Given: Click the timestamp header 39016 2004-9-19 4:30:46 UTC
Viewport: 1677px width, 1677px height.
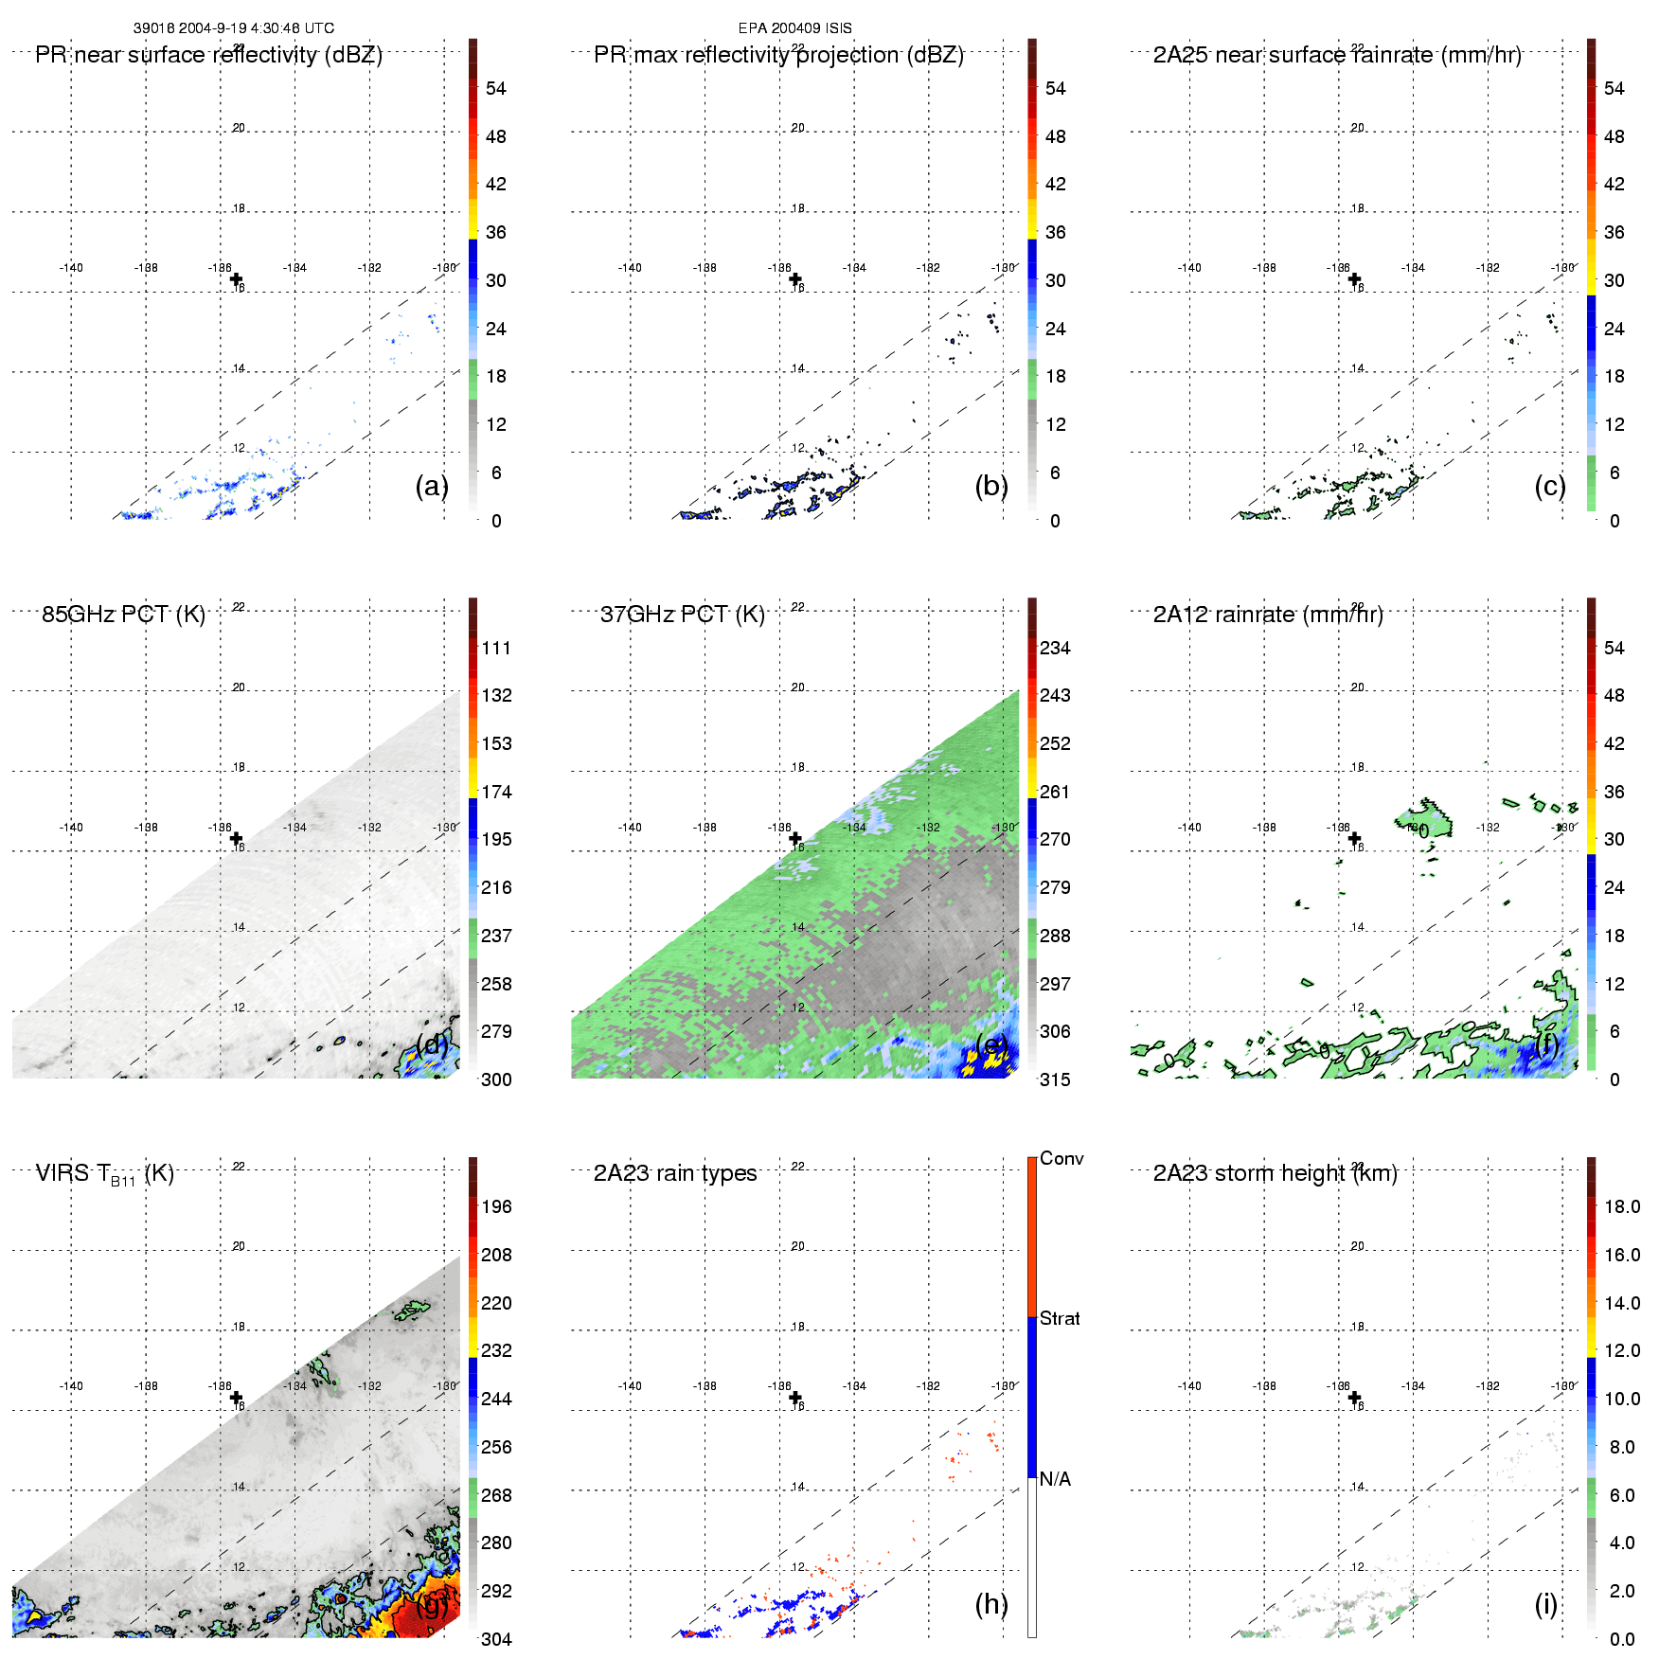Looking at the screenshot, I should coord(233,28).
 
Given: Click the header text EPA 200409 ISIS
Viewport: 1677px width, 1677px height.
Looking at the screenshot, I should coord(794,28).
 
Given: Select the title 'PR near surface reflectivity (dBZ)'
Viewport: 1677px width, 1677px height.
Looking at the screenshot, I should coord(208,55).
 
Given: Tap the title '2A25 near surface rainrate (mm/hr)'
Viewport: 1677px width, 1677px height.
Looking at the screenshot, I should coord(1336,55).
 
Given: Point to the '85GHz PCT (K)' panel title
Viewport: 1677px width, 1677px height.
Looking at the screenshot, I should coord(123,615).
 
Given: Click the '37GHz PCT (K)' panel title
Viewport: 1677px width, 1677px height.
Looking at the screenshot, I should coord(682,615).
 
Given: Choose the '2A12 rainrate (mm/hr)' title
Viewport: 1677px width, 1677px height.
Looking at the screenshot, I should coord(1267,615).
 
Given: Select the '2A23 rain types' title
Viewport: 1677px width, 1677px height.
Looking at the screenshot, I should coord(674,1174).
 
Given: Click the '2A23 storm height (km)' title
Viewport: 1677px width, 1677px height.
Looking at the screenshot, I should coord(1275,1174).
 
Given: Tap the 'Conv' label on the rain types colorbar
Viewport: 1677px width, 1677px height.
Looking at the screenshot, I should coord(1061,1159).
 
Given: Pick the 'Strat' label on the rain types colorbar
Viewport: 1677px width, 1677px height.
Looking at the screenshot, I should coord(1059,1319).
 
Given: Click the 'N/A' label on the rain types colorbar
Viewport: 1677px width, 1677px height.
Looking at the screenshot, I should coord(1055,1479).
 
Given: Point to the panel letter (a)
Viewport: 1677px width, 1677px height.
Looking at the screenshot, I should coord(431,486).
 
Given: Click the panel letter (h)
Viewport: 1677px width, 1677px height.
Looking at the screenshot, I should coord(990,1604).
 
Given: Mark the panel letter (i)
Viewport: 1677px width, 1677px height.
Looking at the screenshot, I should coord(1545,1604).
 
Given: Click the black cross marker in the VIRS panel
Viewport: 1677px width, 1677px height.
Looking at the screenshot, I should coord(236,1398).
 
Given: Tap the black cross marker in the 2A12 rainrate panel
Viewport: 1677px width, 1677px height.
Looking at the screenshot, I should coord(1354,838).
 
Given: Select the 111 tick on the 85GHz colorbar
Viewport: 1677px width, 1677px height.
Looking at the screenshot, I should coord(496,649).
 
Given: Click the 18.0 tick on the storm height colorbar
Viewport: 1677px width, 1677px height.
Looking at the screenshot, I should coord(1621,1207).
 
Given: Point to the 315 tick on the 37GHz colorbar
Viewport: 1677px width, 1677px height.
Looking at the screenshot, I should coord(1055,1080).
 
